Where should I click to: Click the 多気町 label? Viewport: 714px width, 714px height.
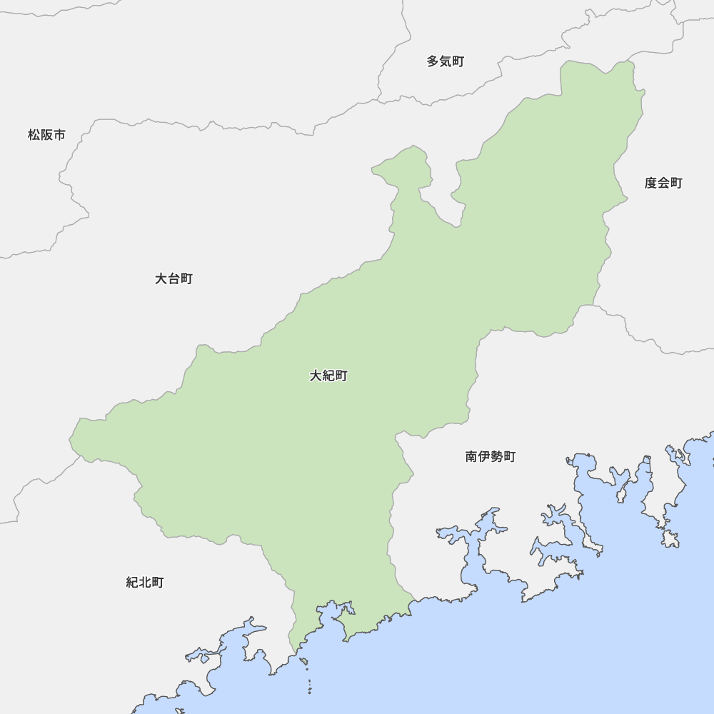(x=446, y=61)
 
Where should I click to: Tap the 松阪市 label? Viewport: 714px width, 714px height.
(x=46, y=134)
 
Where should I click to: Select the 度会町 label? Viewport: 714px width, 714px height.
(x=663, y=183)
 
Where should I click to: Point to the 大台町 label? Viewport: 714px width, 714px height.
(x=174, y=278)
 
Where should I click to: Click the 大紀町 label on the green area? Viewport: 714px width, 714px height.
(x=328, y=376)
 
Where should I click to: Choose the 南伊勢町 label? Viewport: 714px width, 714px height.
(x=491, y=456)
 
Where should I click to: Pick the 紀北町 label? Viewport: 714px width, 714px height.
(x=145, y=583)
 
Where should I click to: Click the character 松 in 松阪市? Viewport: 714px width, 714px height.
(x=34, y=134)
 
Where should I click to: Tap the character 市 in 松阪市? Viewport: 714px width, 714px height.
(x=59, y=134)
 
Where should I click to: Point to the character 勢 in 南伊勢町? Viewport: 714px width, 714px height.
(x=497, y=456)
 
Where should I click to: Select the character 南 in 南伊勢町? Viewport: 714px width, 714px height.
(x=472, y=456)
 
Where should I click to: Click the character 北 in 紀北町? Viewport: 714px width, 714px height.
(x=145, y=583)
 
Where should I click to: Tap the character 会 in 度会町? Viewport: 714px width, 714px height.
(x=663, y=183)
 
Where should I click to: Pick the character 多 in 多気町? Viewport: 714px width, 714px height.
(x=433, y=61)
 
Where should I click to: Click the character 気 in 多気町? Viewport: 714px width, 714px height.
(x=446, y=61)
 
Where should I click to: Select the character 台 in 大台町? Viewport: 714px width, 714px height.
(x=174, y=278)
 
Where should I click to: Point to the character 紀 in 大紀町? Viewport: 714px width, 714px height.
(x=328, y=376)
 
